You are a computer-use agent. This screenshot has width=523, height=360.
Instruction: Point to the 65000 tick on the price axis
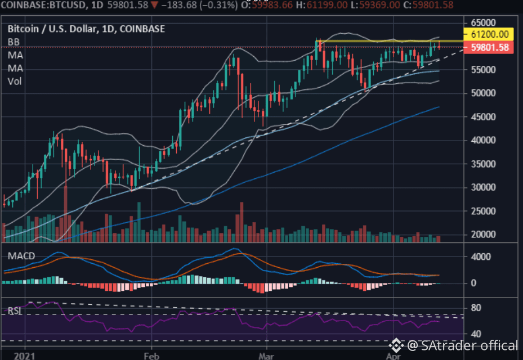coord(483,22)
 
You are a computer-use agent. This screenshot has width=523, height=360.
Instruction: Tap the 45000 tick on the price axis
coord(483,117)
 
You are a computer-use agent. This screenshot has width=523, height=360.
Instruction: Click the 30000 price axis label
coord(483,187)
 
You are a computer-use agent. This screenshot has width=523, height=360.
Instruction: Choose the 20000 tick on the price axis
coord(483,235)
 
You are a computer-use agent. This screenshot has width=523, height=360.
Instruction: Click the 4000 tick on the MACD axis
coord(481,256)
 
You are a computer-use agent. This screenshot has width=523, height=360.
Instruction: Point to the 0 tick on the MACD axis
coord(473,283)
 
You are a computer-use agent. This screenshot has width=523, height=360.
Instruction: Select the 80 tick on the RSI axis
coord(476,308)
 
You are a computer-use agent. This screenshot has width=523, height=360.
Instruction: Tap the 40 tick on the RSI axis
coord(476,334)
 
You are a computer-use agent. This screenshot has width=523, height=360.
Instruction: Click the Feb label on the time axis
coord(151,356)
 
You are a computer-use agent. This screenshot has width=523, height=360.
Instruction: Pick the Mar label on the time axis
coord(266,356)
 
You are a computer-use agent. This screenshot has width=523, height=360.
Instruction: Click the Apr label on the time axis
coord(394,356)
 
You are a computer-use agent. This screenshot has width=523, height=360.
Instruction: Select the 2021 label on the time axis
coord(24,356)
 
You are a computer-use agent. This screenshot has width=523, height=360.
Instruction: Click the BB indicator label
coord(14,42)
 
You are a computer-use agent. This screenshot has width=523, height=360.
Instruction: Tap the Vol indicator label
coord(15,82)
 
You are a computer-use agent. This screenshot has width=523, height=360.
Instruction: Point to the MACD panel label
coord(21,256)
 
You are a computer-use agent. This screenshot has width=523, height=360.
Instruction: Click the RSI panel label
coord(15,311)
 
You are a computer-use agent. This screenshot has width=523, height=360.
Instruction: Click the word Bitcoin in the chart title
coord(23,29)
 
